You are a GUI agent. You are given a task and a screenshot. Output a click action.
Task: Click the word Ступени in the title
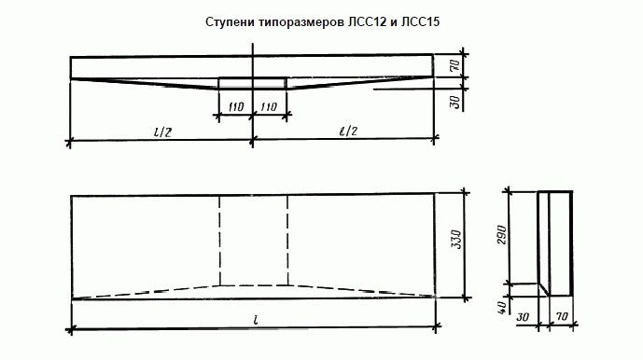click(228, 20)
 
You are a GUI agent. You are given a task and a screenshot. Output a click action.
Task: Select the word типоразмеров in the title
click(301, 20)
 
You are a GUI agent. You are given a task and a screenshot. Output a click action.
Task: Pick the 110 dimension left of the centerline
click(235, 108)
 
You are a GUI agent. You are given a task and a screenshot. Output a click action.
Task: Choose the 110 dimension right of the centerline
click(270, 108)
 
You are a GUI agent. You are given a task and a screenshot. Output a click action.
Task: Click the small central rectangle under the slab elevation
click(252, 83)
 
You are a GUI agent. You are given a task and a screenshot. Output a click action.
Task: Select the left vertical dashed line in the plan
click(220, 241)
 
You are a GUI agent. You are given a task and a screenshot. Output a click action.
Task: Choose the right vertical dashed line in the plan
click(286, 241)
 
